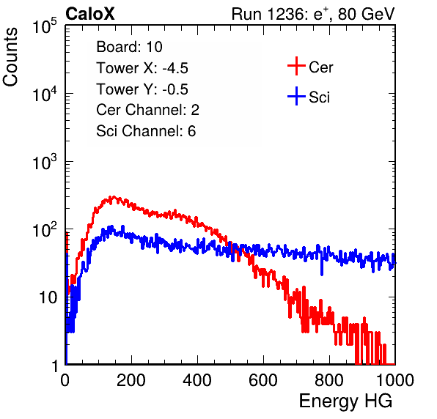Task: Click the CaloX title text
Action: click(x=89, y=14)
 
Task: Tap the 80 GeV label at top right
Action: click(x=367, y=14)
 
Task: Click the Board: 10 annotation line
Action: click(x=129, y=47)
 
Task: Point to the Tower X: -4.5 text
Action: click(x=142, y=68)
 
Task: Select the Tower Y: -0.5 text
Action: click(x=142, y=89)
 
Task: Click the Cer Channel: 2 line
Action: click(x=147, y=110)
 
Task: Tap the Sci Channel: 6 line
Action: click(x=146, y=131)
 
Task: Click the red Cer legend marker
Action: click(x=296, y=66)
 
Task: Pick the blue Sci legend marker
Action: click(x=296, y=97)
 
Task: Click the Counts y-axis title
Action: click(x=10, y=57)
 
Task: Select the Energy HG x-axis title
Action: click(x=345, y=401)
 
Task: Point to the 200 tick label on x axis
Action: click(x=131, y=380)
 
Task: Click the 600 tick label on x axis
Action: click(x=263, y=380)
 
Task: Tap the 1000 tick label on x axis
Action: click(x=395, y=380)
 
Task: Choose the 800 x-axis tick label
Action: click(x=329, y=380)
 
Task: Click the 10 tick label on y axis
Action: click(x=48, y=297)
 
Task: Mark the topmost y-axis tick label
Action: click(x=45, y=26)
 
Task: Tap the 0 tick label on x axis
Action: click(x=65, y=380)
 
